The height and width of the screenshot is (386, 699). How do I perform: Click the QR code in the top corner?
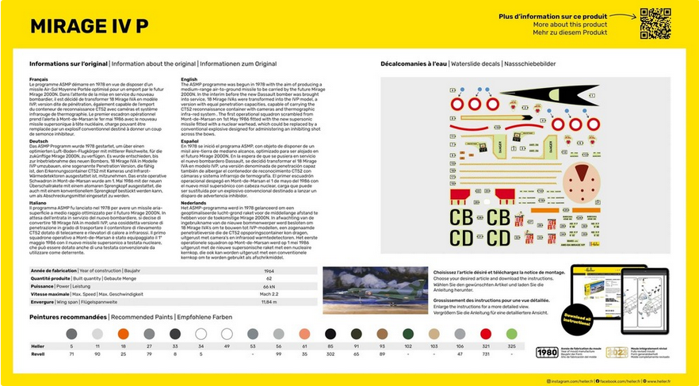click(655, 23)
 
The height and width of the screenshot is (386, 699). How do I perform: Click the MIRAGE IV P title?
click(89, 25)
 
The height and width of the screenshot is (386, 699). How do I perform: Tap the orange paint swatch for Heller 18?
click(123, 334)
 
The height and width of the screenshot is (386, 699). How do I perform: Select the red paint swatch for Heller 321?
click(486, 334)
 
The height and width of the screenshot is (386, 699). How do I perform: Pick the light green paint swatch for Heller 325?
click(511, 334)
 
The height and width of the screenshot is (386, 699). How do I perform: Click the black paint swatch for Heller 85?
click(330, 334)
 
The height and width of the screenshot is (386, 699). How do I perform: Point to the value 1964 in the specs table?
click(269, 271)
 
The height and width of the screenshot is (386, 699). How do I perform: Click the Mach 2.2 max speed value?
click(269, 294)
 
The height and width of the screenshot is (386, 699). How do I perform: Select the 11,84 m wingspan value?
click(269, 302)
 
